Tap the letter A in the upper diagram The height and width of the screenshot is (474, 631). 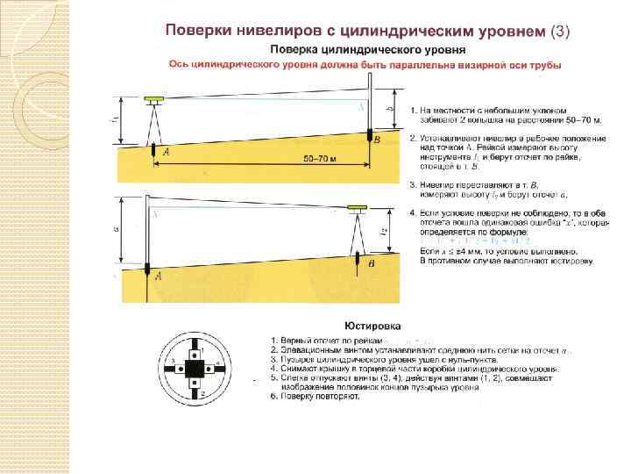[167, 153]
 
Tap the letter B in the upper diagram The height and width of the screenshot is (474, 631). [377, 140]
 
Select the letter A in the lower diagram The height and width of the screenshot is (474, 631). [158, 276]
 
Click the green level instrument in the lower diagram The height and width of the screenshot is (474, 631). [356, 210]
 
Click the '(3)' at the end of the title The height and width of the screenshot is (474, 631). [559, 32]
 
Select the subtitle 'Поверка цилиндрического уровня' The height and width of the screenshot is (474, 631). [355, 49]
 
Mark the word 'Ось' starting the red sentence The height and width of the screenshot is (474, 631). [176, 64]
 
